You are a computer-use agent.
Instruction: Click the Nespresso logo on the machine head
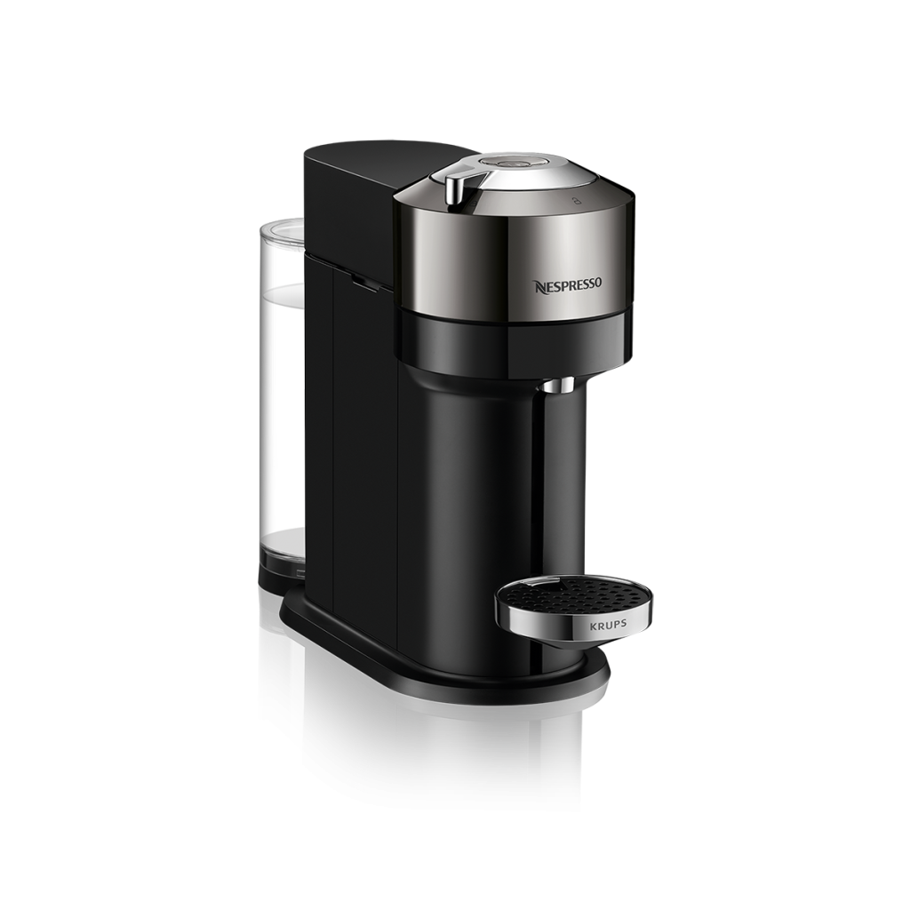[568, 284]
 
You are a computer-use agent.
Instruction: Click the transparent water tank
[282, 395]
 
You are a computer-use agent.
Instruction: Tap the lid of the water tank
[281, 229]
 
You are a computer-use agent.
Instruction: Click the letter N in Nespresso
[538, 285]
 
